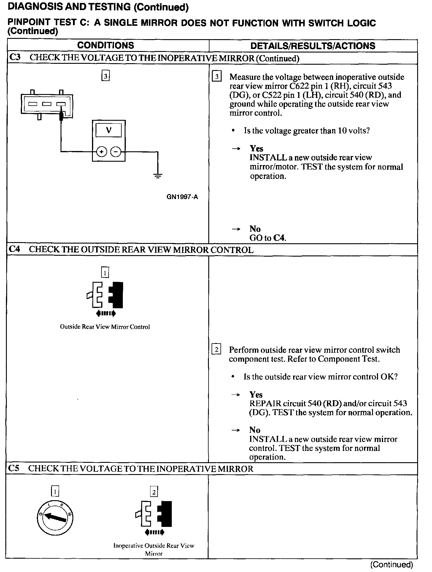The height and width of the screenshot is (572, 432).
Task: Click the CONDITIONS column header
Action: (105, 45)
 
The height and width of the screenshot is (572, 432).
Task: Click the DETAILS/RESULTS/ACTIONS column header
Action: (313, 46)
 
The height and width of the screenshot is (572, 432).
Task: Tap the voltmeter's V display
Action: (109, 130)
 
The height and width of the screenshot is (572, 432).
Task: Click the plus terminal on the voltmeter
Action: (101, 152)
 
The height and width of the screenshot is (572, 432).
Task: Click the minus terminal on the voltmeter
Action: (116, 152)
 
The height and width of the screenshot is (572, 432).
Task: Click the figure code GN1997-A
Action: (182, 197)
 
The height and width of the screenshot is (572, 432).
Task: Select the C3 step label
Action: (15, 58)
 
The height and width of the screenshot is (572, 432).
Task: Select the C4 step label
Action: (15, 249)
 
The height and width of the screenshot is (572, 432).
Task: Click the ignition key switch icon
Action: (55, 518)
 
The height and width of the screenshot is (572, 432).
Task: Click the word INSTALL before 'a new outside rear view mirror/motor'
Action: (268, 158)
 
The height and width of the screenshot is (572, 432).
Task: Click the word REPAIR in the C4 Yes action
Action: (265, 403)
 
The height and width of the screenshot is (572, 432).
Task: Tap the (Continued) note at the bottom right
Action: (391, 565)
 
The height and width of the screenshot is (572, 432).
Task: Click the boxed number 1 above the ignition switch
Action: (55, 492)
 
